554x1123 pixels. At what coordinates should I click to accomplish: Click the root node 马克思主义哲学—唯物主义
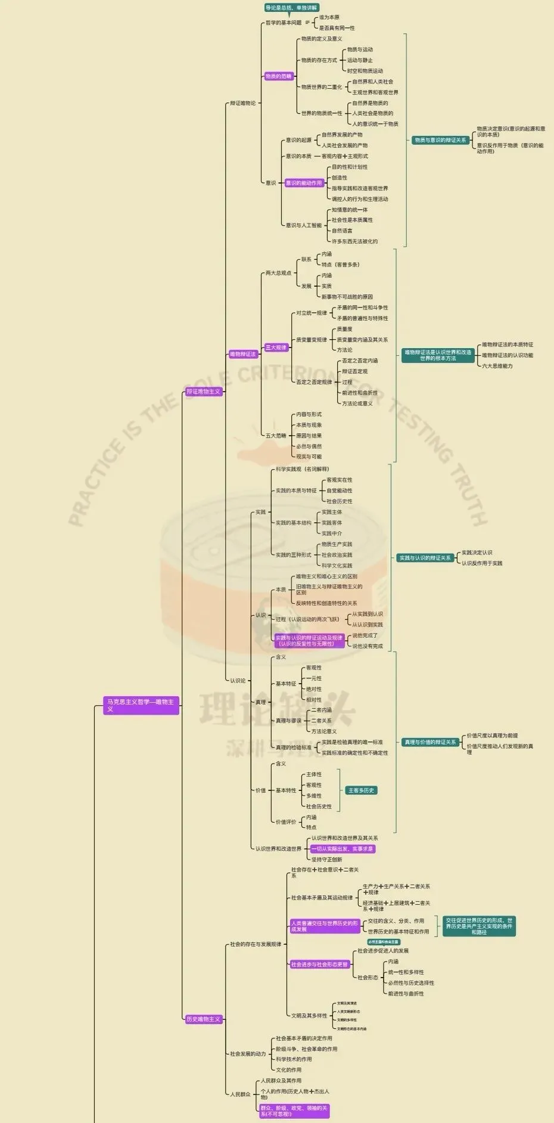point(141,705)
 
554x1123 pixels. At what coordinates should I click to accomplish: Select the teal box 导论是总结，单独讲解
point(291,8)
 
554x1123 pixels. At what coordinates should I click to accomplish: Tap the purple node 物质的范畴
point(279,76)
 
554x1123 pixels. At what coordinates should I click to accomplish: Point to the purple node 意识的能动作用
point(304,183)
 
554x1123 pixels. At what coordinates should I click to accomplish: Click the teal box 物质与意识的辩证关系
point(440,140)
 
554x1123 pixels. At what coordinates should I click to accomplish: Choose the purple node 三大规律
point(276,348)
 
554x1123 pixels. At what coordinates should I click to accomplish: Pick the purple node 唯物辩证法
point(243,354)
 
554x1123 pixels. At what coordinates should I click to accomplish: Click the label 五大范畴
point(276,436)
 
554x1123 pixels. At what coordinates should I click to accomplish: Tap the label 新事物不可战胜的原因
point(347,297)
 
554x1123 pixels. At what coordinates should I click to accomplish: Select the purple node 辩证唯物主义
point(204,392)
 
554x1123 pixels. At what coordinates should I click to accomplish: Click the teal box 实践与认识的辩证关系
point(425,558)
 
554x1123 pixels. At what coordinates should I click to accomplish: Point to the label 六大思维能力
point(497,366)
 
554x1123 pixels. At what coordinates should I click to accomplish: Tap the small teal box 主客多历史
point(362,790)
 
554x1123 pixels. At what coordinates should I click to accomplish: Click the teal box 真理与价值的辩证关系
point(430,742)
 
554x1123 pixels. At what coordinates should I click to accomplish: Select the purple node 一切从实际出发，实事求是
point(343,849)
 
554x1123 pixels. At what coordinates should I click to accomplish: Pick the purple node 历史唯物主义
point(204,1019)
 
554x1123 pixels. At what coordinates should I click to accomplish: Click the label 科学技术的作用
point(294,1059)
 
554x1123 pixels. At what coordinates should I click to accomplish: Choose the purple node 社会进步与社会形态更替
point(319,964)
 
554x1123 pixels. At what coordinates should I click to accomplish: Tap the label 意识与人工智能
point(304,225)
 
